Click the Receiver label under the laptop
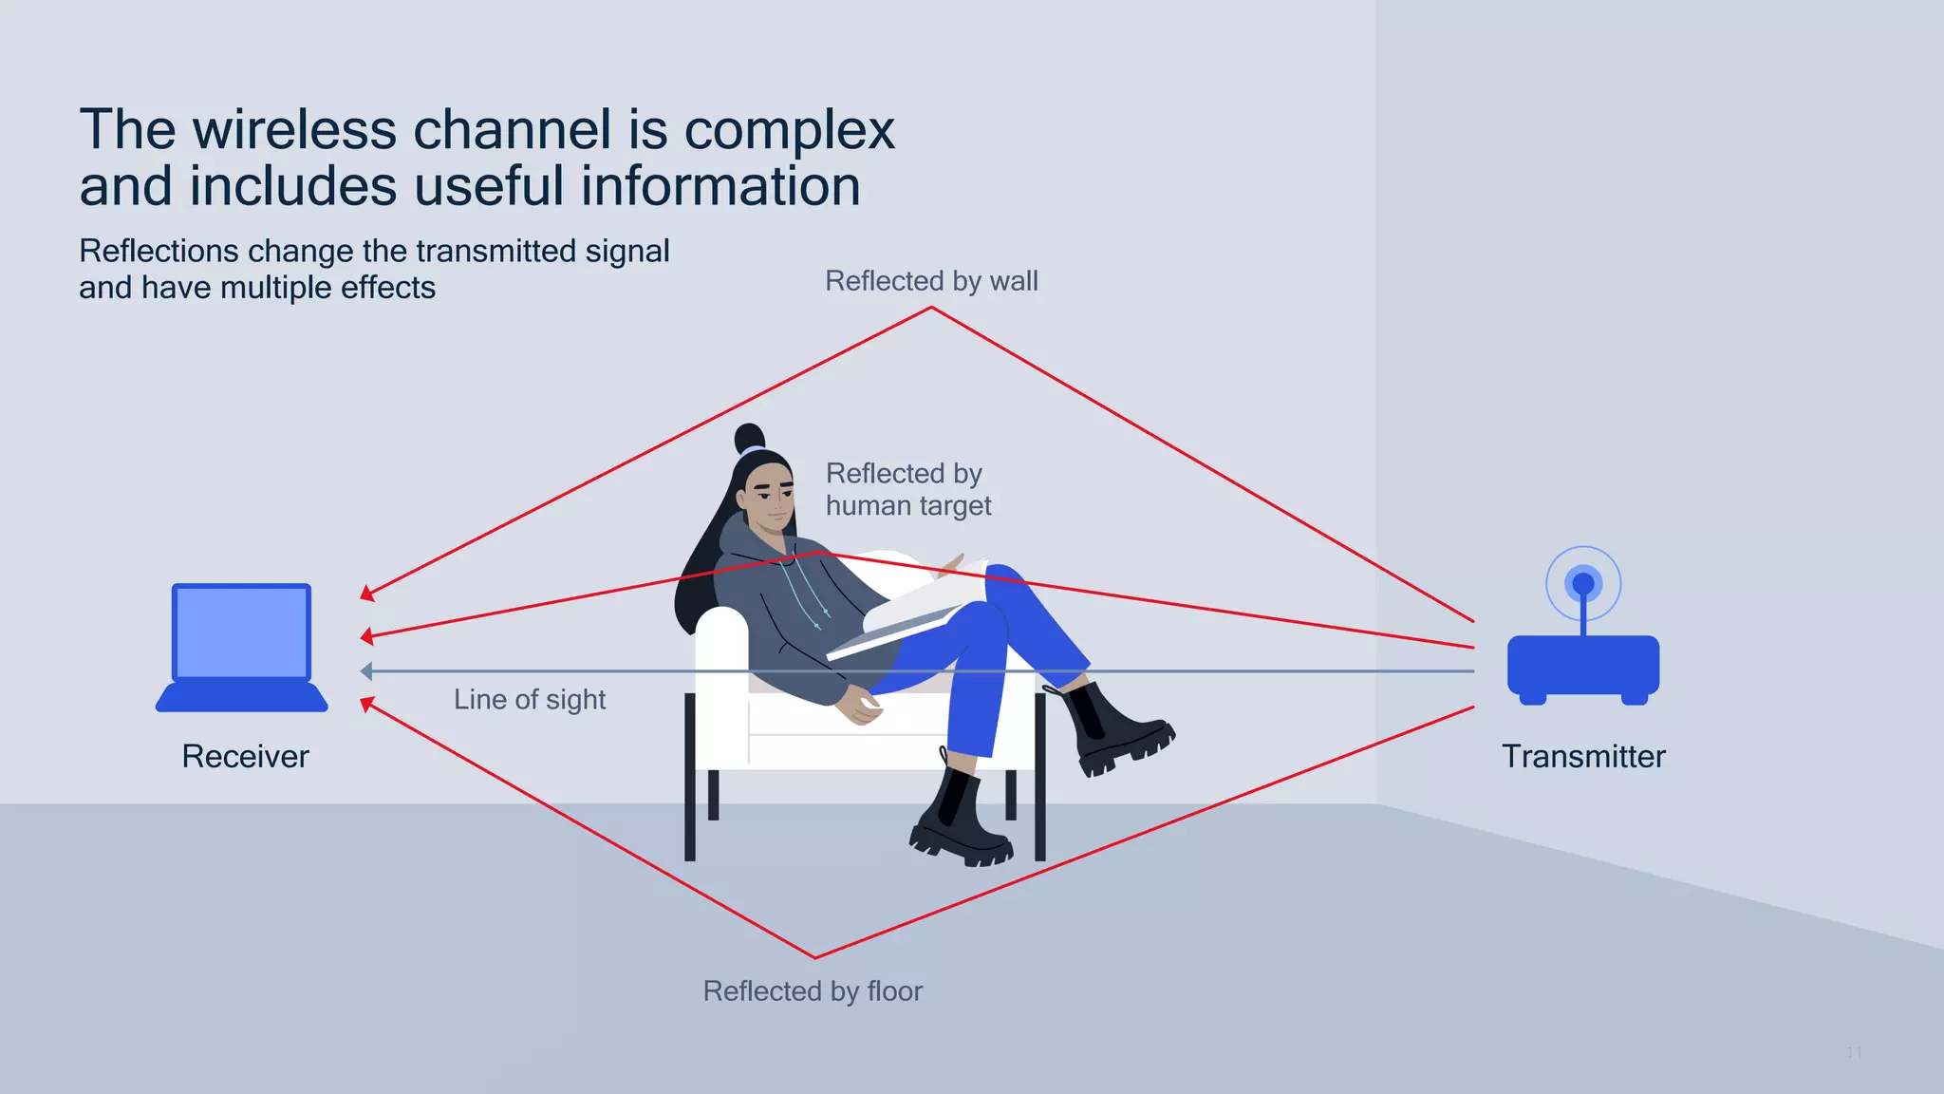[x=245, y=757]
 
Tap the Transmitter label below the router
[x=1582, y=757]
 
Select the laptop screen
[x=242, y=632]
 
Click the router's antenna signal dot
[x=1582, y=582]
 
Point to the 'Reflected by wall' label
[x=930, y=281]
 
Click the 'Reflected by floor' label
[x=813, y=991]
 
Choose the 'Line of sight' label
[x=530, y=700]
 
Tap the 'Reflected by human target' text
[x=907, y=489]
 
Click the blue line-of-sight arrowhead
[x=366, y=671]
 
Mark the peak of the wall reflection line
[x=932, y=308]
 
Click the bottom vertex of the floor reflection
[x=814, y=957]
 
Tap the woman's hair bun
[x=749, y=438]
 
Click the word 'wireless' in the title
[x=294, y=130]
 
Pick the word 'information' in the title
[x=720, y=186]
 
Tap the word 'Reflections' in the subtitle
[x=159, y=251]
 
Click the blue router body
[x=1582, y=667]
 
